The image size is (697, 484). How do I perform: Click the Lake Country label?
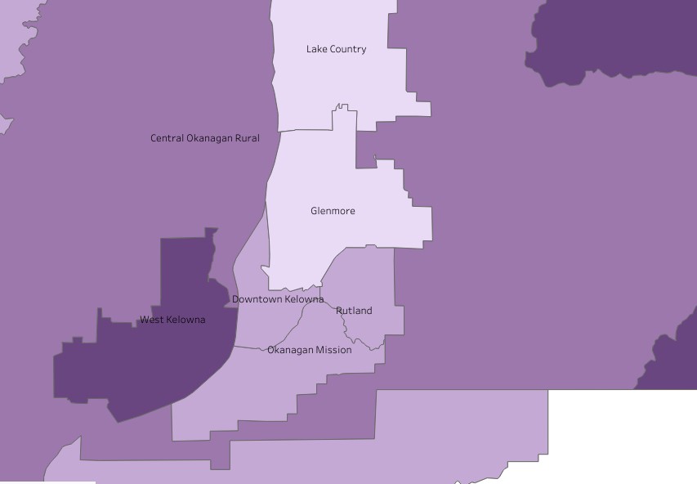(336, 49)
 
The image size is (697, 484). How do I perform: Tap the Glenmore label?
(333, 211)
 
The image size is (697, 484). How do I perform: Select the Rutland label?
(354, 311)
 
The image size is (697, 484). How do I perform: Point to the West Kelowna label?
(172, 320)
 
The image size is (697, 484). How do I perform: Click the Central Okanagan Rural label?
(205, 138)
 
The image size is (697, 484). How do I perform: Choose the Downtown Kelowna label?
(278, 299)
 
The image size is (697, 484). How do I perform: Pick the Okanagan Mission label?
(310, 350)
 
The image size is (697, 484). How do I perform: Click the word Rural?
(247, 138)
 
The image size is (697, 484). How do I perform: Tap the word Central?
(168, 138)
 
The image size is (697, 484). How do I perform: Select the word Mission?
(333, 350)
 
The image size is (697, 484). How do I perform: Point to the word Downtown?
(255, 299)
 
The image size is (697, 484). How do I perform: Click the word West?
(151, 320)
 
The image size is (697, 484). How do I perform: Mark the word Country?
(347, 49)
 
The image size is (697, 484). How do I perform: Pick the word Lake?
(315, 49)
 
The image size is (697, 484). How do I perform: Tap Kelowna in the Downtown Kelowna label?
(303, 299)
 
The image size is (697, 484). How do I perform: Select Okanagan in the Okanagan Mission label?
(288, 350)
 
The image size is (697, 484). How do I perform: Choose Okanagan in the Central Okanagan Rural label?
(210, 138)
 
